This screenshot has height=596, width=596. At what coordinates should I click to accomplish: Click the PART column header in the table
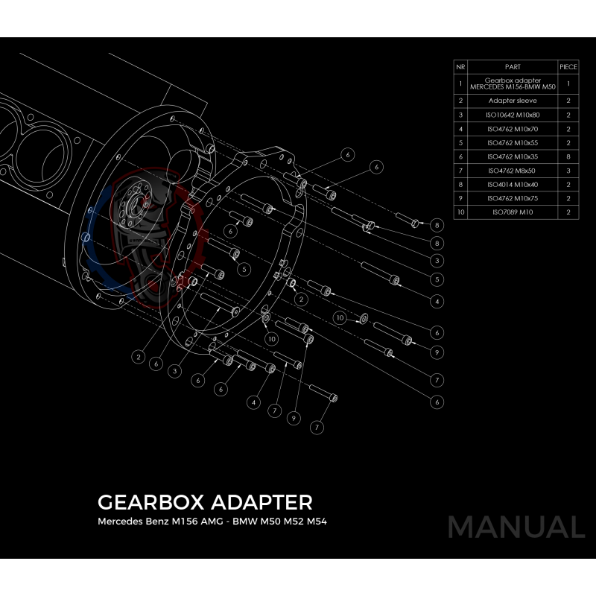(x=512, y=66)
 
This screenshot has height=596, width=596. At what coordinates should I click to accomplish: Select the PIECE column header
(x=568, y=66)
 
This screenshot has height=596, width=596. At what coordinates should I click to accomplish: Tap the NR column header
(x=460, y=66)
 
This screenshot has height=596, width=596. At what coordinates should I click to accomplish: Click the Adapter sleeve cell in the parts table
(x=512, y=101)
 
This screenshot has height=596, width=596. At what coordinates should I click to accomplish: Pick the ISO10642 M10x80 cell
(x=512, y=115)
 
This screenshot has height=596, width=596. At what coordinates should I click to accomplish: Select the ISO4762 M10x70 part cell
(x=512, y=129)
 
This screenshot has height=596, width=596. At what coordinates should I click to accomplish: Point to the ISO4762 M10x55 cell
(x=512, y=143)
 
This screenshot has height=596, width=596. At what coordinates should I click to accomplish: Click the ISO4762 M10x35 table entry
(x=512, y=157)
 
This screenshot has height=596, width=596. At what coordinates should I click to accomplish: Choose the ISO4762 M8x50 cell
(x=512, y=171)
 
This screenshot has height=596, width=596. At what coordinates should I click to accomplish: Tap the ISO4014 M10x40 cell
(x=512, y=185)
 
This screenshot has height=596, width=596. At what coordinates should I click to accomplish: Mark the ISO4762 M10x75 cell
(x=512, y=199)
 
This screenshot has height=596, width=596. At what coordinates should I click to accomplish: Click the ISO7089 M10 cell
(x=512, y=213)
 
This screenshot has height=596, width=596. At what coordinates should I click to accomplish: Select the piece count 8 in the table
(x=568, y=157)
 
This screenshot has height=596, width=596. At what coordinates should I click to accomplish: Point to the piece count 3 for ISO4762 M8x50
(x=568, y=171)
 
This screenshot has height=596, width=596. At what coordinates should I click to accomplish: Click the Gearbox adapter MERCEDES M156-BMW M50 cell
(x=512, y=83)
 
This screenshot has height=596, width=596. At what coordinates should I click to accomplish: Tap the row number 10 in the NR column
(x=460, y=213)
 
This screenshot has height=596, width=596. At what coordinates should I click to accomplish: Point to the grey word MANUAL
(x=516, y=527)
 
